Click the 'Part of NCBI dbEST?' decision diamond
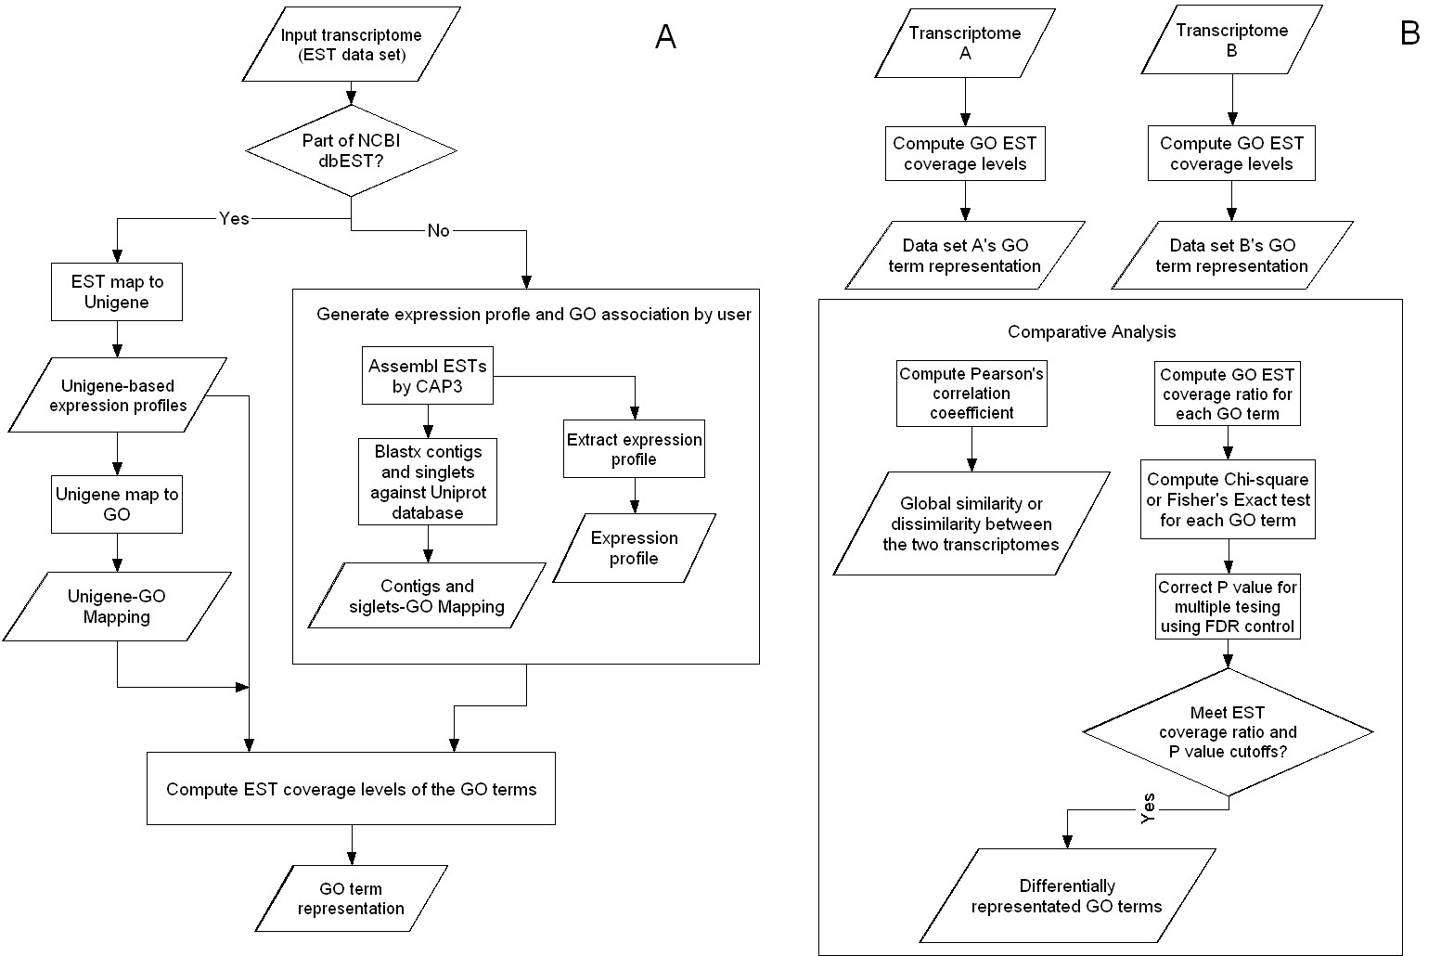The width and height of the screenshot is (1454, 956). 351,150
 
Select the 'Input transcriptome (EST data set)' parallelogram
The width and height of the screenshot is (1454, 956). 351,45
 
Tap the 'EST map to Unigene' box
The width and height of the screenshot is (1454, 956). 117,291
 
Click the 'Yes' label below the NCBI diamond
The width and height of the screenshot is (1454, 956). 234,218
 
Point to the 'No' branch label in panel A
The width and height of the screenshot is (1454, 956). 438,230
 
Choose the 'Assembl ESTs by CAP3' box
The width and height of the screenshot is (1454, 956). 428,375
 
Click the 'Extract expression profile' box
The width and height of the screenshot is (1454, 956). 634,449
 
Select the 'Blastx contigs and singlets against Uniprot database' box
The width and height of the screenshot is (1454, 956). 428,482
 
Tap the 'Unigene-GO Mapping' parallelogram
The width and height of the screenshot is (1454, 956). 117,607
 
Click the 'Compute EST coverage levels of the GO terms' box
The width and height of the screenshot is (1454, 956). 351,788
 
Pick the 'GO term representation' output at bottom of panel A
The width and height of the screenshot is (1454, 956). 351,898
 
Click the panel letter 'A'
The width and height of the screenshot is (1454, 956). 665,36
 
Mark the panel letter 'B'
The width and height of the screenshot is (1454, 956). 1409,32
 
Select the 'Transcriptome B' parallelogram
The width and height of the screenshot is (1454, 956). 1231,40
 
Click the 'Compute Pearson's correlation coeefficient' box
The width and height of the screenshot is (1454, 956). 971,394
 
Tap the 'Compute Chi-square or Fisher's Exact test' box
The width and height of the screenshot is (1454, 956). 1229,499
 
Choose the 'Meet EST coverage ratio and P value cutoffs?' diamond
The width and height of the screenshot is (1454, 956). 1229,732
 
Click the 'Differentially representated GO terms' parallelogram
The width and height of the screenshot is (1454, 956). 1067,896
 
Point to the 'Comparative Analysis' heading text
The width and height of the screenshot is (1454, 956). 1092,332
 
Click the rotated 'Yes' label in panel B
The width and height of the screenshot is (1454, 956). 1148,808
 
